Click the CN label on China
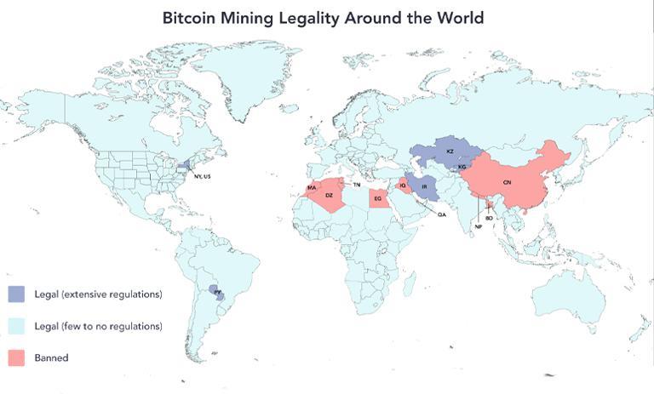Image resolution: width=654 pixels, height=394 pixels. coord(507,183)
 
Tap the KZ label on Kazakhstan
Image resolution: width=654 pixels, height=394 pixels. coord(450,151)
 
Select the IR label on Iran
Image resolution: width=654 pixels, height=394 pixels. coord(423,186)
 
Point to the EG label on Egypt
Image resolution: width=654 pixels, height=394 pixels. coord(378,198)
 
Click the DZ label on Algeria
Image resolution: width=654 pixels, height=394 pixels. coord(329,196)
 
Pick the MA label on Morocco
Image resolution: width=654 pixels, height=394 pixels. coord(312,187)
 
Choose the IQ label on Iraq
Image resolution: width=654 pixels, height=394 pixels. coord(403,186)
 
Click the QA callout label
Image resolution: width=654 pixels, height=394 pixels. coord(441,214)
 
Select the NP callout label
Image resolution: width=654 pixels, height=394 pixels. coord(479,226)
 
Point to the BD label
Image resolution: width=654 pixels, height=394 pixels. coord(490,218)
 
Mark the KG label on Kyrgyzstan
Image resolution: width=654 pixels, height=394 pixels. coord(462,167)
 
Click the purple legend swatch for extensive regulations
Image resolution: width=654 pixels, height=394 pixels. coord(17,294)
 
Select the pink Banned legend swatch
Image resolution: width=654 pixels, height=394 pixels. coord(17,357)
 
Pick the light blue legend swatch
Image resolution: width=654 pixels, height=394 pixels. coord(17,326)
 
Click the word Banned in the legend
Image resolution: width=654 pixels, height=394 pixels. coord(51,358)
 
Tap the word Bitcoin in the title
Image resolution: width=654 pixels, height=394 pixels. coord(193,17)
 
